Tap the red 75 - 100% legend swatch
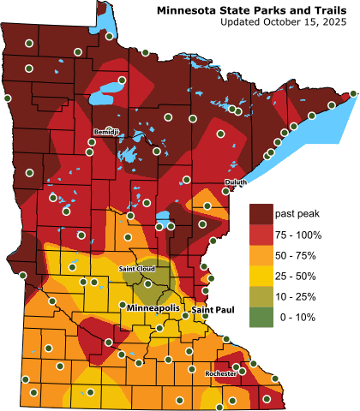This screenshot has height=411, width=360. coord(260,235)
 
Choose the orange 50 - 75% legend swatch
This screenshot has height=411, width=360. coord(260,255)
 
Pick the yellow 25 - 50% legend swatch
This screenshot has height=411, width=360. coord(260,276)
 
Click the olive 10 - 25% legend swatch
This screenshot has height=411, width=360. coord(260,296)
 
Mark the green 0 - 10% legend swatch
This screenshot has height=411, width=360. coord(260,317)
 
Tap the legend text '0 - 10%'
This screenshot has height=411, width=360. coord(293,317)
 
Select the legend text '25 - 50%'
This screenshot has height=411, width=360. coord(296,276)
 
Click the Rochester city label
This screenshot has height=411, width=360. coord(220,373)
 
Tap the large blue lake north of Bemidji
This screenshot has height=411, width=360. coord(111,89)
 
